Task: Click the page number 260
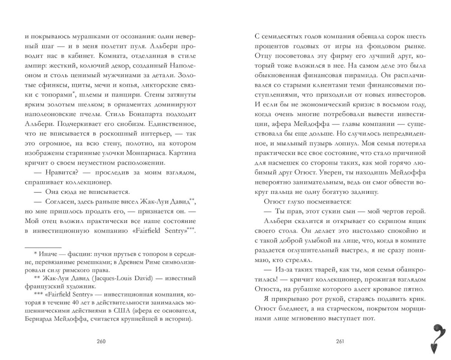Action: pyautogui.click(x=101, y=341)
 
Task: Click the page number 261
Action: pyautogui.click(x=341, y=341)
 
